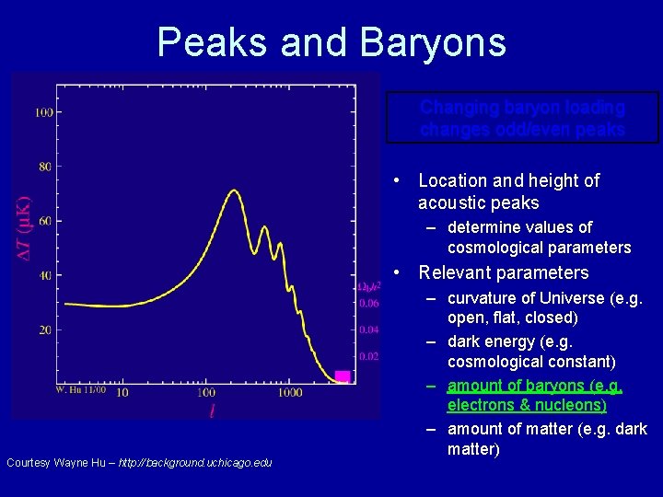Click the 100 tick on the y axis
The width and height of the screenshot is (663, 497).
(x=42, y=112)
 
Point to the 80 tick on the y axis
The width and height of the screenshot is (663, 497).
(x=44, y=167)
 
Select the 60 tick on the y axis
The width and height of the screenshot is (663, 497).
(x=44, y=221)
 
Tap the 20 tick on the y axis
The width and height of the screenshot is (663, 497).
(x=44, y=329)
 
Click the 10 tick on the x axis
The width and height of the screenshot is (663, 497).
(x=122, y=393)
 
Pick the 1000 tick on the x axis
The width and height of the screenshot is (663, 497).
(x=289, y=393)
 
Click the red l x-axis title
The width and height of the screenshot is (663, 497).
(x=211, y=410)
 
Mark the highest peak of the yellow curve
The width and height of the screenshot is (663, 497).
(x=234, y=191)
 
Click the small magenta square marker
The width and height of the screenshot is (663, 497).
(x=342, y=376)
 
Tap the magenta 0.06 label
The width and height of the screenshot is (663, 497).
(x=368, y=303)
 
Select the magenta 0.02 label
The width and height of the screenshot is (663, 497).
(x=368, y=356)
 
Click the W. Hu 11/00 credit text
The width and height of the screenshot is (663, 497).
(x=81, y=391)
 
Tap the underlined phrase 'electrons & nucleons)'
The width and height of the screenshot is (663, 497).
(x=527, y=405)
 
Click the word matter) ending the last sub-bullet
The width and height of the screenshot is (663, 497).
(x=473, y=449)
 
